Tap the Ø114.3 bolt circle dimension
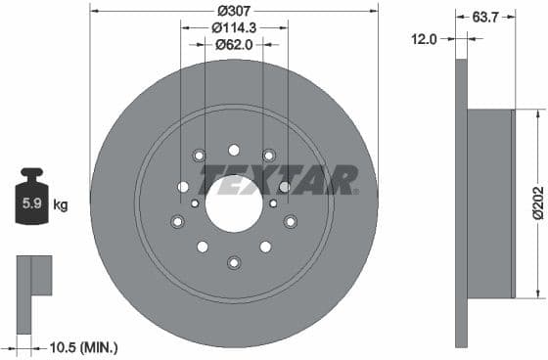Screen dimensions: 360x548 pos(233,28)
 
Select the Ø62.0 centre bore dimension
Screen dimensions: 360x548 pos(233,45)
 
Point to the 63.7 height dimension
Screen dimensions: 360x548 pos(479,17)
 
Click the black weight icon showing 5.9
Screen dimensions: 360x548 pos(31,202)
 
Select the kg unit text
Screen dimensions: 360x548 pos(61,205)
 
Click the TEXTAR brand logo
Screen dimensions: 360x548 pos(279,180)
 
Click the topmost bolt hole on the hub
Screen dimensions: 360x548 pos(234,150)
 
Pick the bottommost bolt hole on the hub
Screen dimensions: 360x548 pos(234,261)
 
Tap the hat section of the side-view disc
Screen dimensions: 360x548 pos(490,203)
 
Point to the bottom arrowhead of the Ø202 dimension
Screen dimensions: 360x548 pos(537,292)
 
